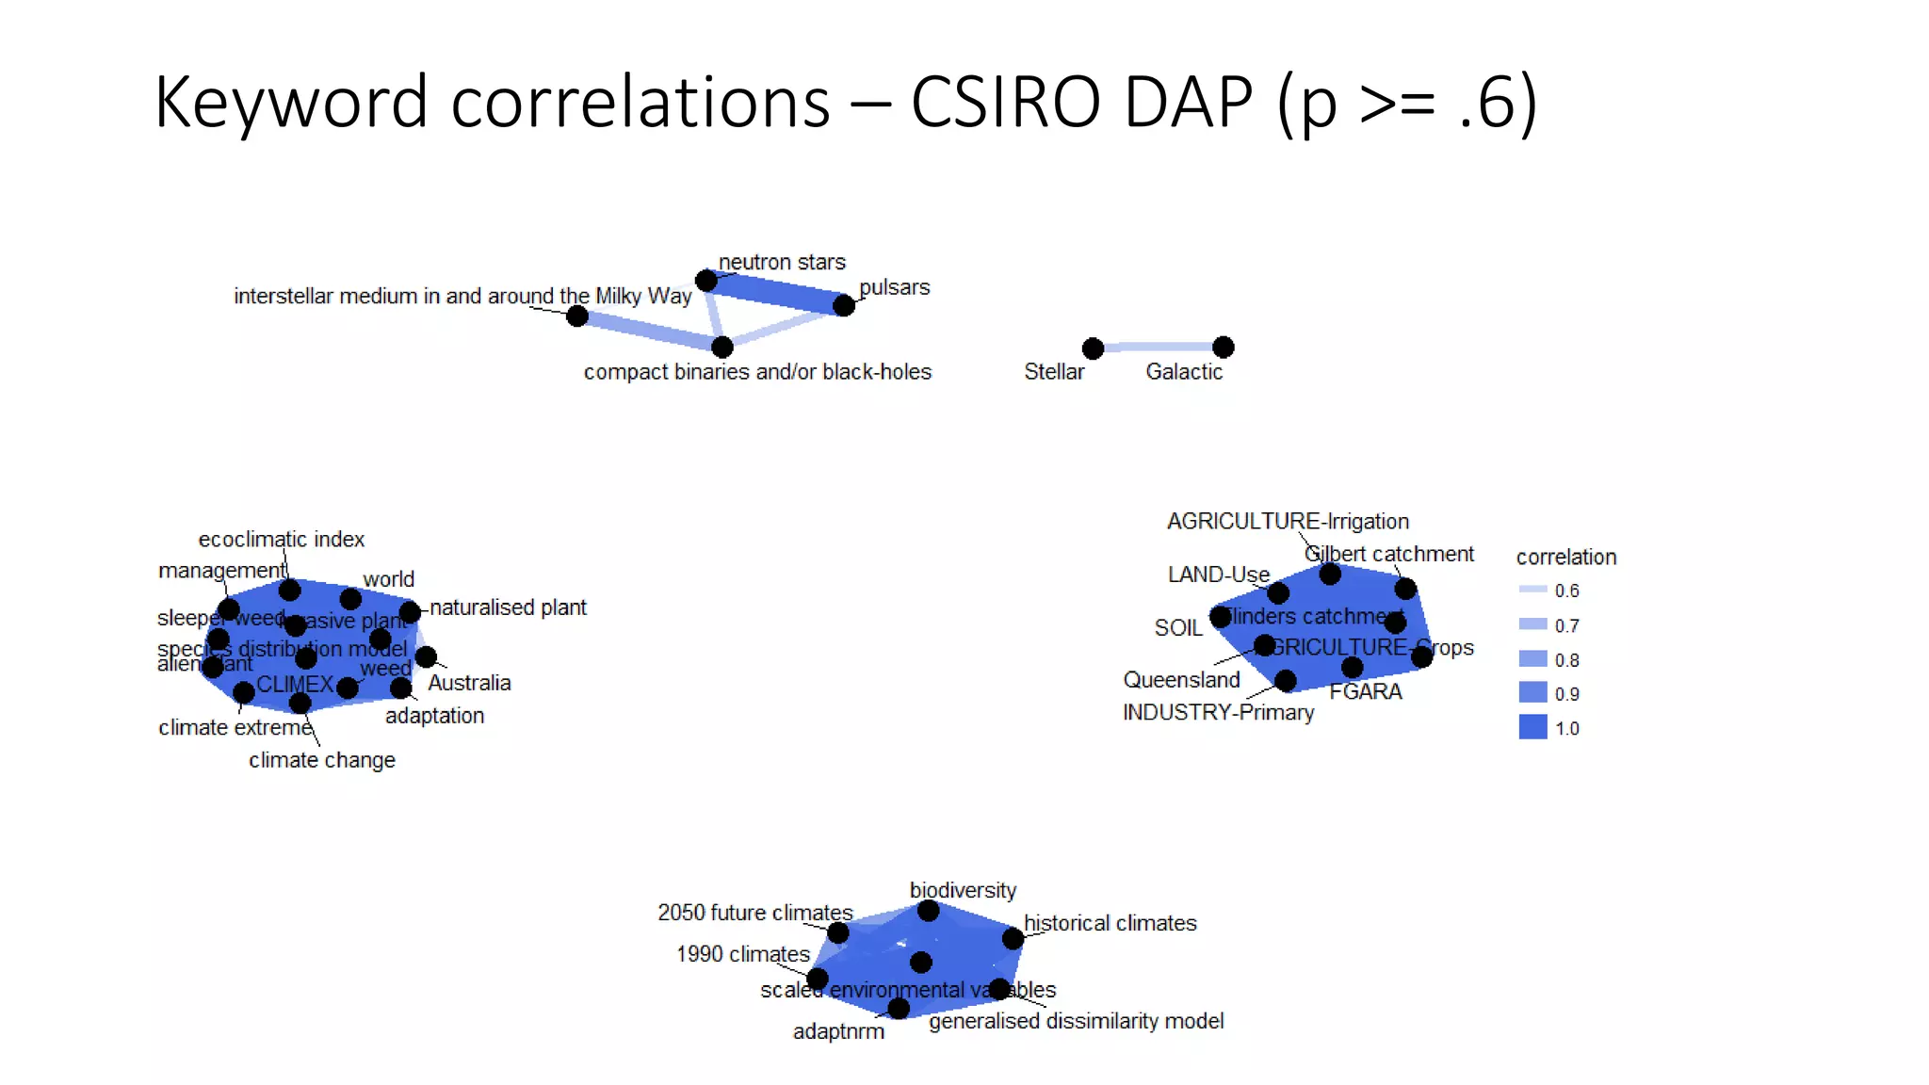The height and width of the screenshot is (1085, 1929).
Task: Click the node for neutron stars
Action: pyautogui.click(x=706, y=280)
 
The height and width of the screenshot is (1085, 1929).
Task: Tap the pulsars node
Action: pyautogui.click(x=844, y=305)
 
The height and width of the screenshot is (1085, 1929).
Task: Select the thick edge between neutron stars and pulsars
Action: pyautogui.click(x=775, y=292)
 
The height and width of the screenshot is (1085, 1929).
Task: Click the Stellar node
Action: pyautogui.click(x=1093, y=348)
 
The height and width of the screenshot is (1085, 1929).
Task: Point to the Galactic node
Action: pyautogui.click(x=1223, y=348)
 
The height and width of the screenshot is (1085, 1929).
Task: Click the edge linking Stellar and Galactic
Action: pyautogui.click(x=1159, y=348)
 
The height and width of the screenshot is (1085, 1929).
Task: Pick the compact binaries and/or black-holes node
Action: pyautogui.click(x=722, y=348)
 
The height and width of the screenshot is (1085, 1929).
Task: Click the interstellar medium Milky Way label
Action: pyautogui.click(x=462, y=296)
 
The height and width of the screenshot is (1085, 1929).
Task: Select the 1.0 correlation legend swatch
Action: pyautogui.click(x=1532, y=727)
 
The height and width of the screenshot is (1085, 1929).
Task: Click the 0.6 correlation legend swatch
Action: pyautogui.click(x=1532, y=590)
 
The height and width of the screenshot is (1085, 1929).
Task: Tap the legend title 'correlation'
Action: pyautogui.click(x=1565, y=557)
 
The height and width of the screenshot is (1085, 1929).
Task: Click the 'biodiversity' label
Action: pyautogui.click(x=963, y=890)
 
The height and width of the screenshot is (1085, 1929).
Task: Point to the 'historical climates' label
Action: pyautogui.click(x=1110, y=923)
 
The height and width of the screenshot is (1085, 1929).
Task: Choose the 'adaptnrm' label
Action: pyautogui.click(x=838, y=1031)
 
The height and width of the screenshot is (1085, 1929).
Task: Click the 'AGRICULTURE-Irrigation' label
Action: pyautogui.click(x=1288, y=521)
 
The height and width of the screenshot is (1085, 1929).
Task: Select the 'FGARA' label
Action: pyautogui.click(x=1365, y=691)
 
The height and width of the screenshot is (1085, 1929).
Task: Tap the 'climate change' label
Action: pyautogui.click(x=321, y=760)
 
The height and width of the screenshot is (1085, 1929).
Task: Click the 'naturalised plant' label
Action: pyautogui.click(x=508, y=607)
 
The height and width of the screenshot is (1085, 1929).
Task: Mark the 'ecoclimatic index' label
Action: pyautogui.click(x=281, y=539)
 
